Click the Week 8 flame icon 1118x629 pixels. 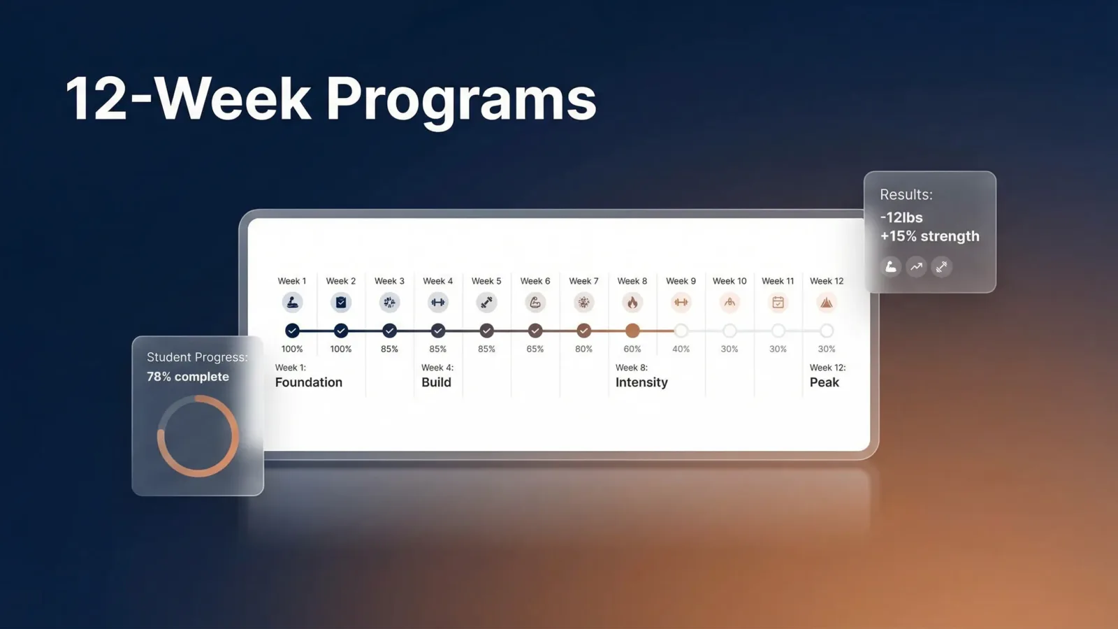click(632, 303)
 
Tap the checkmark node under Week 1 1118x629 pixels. click(292, 331)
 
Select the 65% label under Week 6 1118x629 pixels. click(535, 349)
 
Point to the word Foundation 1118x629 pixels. click(309, 382)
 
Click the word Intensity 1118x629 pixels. click(641, 382)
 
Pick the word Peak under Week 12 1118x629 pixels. click(825, 382)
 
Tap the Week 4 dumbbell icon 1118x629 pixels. click(438, 303)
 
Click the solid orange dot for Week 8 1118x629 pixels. click(632, 331)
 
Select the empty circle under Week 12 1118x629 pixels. click(827, 331)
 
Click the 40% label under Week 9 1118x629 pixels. click(681, 349)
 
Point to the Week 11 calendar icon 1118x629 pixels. click(778, 303)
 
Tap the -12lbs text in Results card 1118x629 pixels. click(901, 217)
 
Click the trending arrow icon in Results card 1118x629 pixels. click(916, 266)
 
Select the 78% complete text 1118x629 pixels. click(188, 377)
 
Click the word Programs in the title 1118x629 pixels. click(461, 99)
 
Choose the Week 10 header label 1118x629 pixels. click(729, 281)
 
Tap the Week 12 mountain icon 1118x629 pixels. click(827, 303)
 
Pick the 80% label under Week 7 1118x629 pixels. click(583, 349)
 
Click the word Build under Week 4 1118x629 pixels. click(437, 382)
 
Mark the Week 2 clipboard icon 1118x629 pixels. click(341, 303)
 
